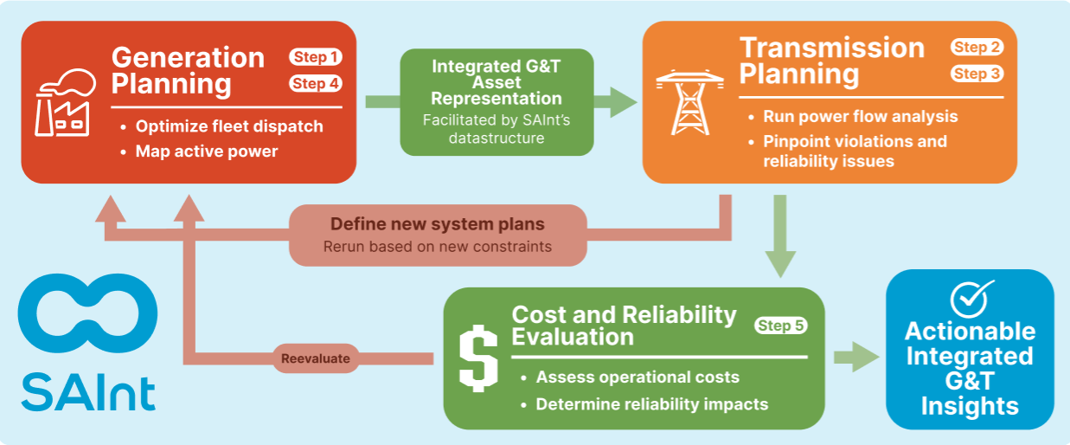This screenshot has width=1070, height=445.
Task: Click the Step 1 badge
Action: tap(315, 57)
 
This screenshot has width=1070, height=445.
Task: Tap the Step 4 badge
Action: tap(315, 84)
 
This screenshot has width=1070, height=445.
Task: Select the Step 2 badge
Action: tap(977, 47)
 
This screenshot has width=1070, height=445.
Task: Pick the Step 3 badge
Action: tap(977, 74)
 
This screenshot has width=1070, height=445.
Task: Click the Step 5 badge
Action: tap(781, 326)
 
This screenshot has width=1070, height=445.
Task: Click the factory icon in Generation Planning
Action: tap(66, 103)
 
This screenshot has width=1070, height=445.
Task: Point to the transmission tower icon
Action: tap(689, 103)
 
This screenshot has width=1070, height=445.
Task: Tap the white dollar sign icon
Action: tap(478, 358)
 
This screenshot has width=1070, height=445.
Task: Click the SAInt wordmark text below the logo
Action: tap(88, 393)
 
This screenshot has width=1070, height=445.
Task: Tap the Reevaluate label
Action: tap(315, 358)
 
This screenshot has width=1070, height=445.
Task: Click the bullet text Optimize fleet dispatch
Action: tap(229, 126)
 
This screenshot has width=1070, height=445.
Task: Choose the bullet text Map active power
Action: tap(207, 152)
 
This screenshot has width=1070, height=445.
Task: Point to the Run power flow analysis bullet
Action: tap(861, 117)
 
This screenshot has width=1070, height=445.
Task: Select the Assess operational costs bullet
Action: tap(638, 377)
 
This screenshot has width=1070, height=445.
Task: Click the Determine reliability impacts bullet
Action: tap(652, 404)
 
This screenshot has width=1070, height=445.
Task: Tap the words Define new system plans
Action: tap(438, 224)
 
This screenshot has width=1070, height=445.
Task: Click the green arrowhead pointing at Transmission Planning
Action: tap(623, 102)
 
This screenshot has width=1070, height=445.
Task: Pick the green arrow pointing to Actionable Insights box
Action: tap(856, 357)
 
